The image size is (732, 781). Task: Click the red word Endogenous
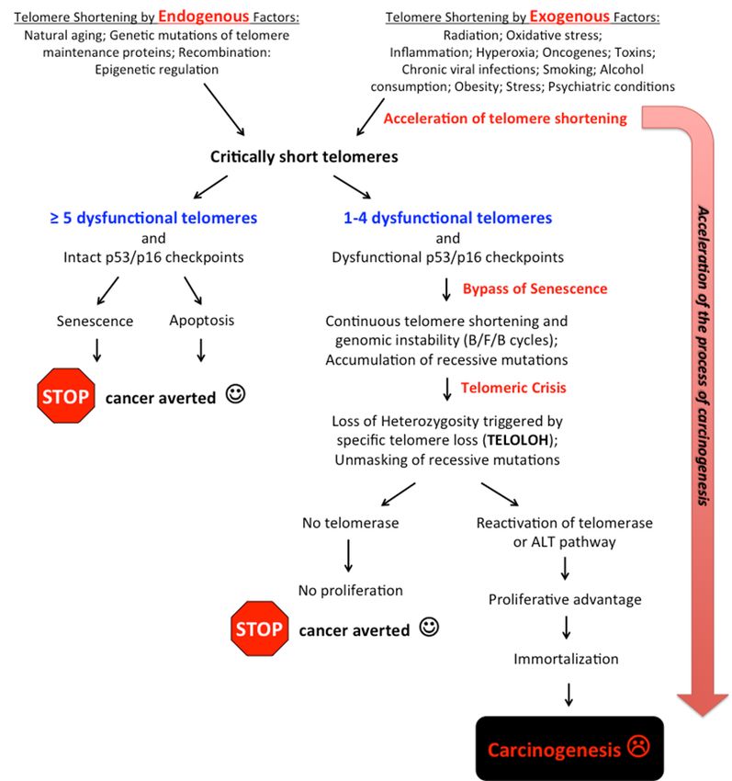(203, 17)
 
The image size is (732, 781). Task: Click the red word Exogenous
(569, 17)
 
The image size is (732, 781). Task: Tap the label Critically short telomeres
(304, 157)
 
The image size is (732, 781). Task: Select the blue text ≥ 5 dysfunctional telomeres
(153, 218)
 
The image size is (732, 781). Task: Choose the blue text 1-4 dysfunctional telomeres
(447, 218)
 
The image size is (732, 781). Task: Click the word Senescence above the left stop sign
(95, 321)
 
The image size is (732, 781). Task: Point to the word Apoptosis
(202, 321)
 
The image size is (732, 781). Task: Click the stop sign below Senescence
(66, 396)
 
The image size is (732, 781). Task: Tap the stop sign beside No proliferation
(259, 628)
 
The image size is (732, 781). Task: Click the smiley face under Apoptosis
(235, 393)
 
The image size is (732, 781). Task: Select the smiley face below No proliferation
(429, 627)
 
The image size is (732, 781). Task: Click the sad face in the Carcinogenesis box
(638, 746)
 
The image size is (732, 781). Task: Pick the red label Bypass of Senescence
(535, 289)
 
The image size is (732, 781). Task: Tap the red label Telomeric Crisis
(513, 388)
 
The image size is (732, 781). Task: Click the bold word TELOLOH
(518, 440)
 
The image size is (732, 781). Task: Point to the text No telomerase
(351, 523)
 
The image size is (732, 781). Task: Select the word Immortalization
(566, 659)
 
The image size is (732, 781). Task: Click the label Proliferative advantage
(565, 600)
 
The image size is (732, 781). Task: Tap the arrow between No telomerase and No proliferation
(349, 556)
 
